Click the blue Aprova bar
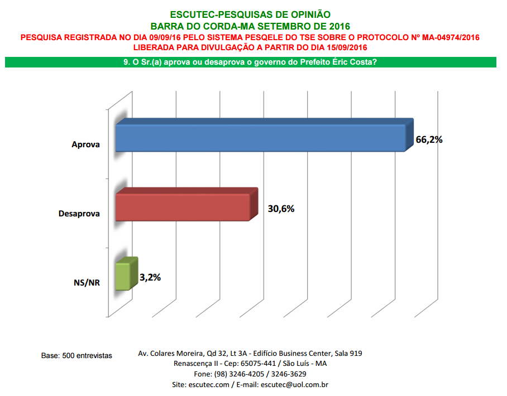click(x=260, y=138)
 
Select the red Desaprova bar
click(x=182, y=207)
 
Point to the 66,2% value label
click(x=429, y=140)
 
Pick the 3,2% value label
click(x=150, y=277)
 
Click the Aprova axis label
click(x=85, y=144)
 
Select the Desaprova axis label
click(x=79, y=214)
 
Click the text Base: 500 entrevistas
click(x=77, y=355)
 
